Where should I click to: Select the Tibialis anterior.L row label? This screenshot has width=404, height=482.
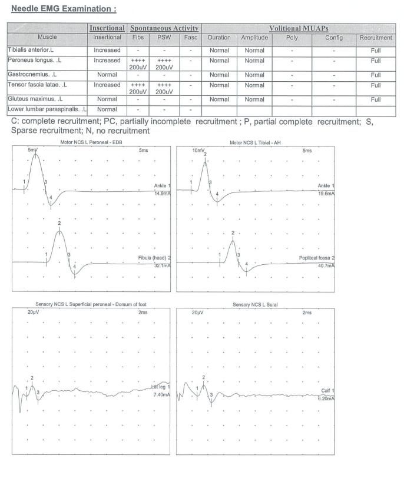coord(31,50)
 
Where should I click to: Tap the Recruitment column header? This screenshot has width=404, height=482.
coord(376,38)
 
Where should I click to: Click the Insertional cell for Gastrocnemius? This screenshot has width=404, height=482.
coord(107,75)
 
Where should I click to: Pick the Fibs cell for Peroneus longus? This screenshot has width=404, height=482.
coord(137,64)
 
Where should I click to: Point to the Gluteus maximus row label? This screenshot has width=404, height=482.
coord(34,99)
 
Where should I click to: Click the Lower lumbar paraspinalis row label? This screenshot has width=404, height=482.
coord(47,109)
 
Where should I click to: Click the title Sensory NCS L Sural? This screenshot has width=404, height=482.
coord(255,305)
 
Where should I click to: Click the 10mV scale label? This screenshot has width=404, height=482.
coord(197,151)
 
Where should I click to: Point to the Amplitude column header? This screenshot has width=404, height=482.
coord(254,38)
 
